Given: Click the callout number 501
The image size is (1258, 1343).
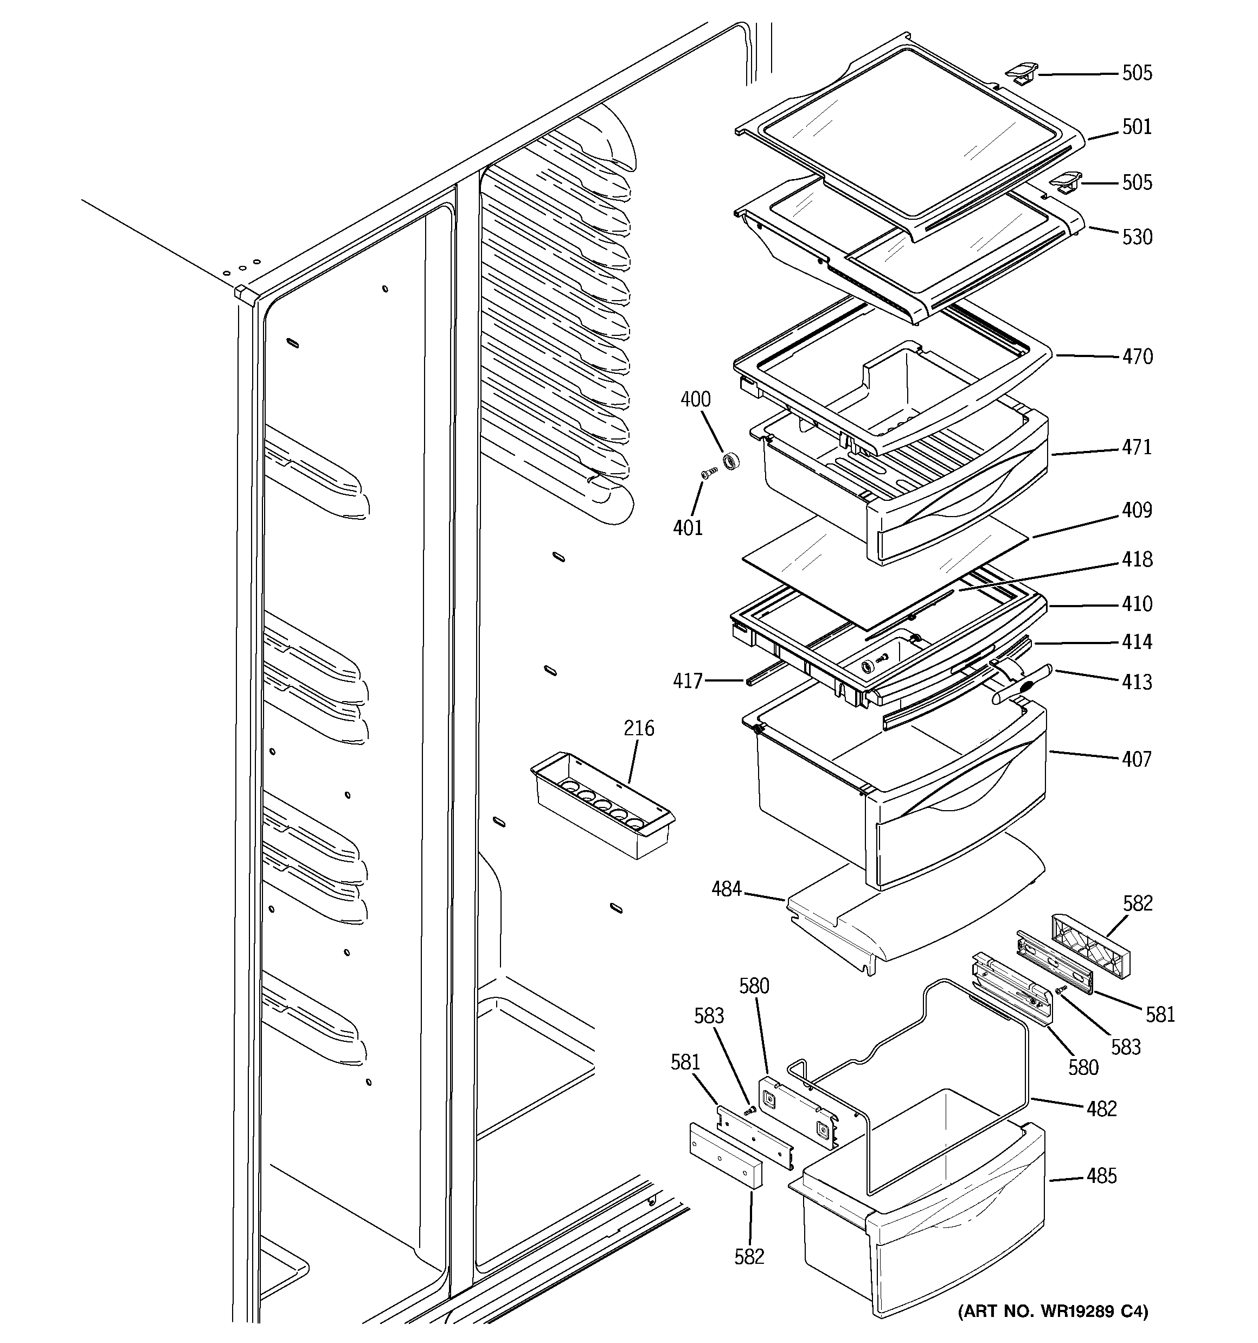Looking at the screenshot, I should click(1137, 127).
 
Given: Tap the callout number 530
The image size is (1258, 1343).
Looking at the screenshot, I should click(1137, 237).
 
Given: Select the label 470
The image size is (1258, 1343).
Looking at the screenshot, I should click(1137, 357).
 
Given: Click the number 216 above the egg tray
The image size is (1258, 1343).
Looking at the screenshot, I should click(638, 728).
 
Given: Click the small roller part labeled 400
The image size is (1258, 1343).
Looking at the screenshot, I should click(730, 463).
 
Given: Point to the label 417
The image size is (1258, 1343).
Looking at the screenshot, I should click(688, 680).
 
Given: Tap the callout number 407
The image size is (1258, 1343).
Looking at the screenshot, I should click(1137, 759).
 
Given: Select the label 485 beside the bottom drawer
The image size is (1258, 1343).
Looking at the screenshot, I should click(1101, 1176).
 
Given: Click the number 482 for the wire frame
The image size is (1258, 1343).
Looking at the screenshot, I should click(1101, 1109).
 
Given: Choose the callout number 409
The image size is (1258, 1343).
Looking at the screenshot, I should click(1137, 510).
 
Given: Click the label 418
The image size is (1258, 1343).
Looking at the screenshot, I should click(1137, 559).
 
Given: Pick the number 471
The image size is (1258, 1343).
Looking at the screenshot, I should click(1137, 447).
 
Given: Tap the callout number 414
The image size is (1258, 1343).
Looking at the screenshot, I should click(1137, 642).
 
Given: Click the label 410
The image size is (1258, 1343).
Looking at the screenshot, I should click(1137, 604).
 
